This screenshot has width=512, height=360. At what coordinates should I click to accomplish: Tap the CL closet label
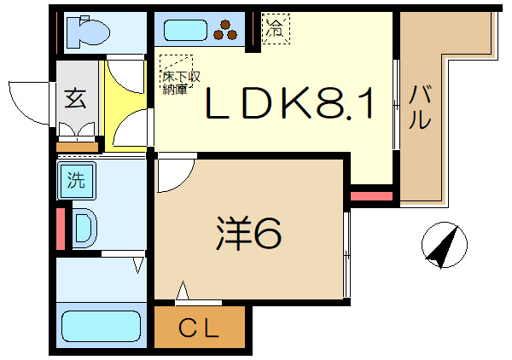click(x=201, y=328)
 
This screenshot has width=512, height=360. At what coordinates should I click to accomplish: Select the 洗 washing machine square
click(x=77, y=180)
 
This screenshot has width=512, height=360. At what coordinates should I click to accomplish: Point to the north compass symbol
click(x=445, y=245)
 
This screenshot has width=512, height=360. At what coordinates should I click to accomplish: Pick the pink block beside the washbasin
click(x=60, y=228)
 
